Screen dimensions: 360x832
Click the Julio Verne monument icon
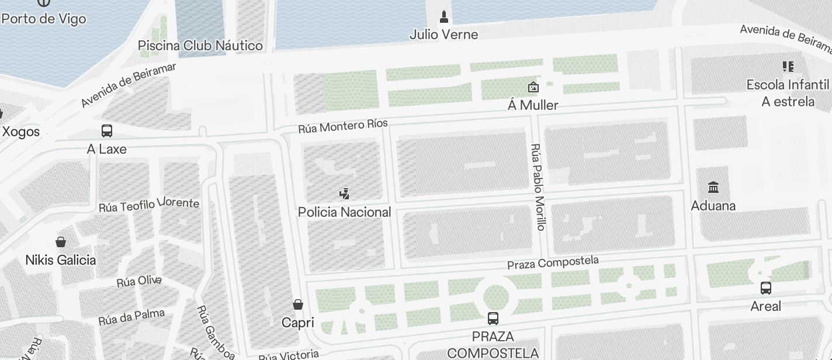point(443,16)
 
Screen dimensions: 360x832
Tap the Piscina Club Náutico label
point(200,46)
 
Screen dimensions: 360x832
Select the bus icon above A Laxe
point(106,131)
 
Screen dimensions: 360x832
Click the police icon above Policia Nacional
point(344,193)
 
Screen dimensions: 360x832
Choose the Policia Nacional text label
point(344,212)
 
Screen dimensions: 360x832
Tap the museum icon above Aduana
point(713,188)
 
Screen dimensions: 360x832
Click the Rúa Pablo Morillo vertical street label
point(539,187)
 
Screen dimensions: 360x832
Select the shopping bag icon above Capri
point(298,304)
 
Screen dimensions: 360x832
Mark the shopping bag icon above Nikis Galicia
point(60,242)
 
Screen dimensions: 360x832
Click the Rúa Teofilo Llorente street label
point(148,205)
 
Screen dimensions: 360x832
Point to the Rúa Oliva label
point(138,281)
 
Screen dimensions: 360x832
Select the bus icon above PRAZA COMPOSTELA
point(493,319)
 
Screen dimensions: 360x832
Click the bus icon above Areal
point(765,288)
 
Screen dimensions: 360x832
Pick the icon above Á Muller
point(533,88)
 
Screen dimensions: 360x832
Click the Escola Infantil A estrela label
point(788,93)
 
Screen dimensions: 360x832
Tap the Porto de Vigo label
point(44,18)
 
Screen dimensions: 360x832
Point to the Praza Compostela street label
point(553,262)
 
